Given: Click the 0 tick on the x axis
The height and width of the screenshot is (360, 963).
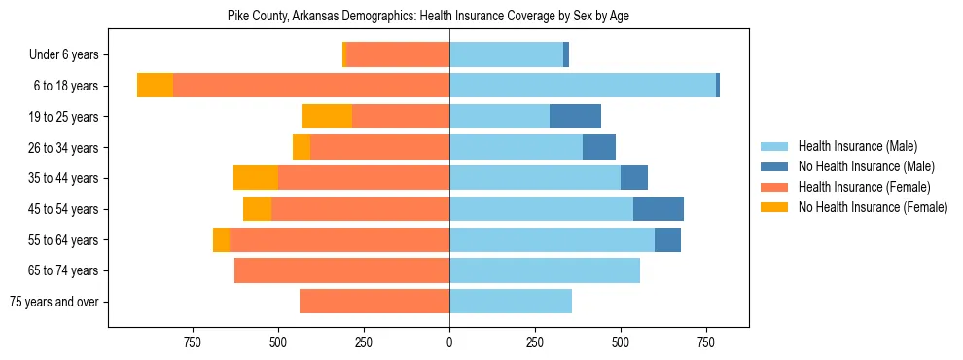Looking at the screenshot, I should (x=449, y=342).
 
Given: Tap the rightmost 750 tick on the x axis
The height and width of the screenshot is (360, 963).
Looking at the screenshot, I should (x=706, y=342).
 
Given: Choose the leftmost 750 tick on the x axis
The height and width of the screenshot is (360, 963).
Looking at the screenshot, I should (x=193, y=342).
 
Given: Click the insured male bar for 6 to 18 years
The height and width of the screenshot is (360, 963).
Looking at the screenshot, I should (x=582, y=86).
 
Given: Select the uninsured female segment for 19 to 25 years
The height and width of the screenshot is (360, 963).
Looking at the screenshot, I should (x=327, y=117).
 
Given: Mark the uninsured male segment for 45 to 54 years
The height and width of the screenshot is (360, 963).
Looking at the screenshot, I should (x=659, y=209).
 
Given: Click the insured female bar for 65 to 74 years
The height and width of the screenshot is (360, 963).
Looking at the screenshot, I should (x=341, y=270).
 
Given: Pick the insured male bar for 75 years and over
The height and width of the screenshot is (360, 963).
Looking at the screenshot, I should (x=511, y=302).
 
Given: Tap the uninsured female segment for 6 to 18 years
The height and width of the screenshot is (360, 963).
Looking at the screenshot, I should (x=155, y=86).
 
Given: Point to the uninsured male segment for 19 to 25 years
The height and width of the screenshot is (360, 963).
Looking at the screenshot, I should (x=575, y=117).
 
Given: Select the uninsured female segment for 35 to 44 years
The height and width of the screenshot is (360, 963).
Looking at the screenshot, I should (x=256, y=178).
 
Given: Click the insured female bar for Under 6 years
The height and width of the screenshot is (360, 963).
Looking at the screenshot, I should (x=398, y=55).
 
